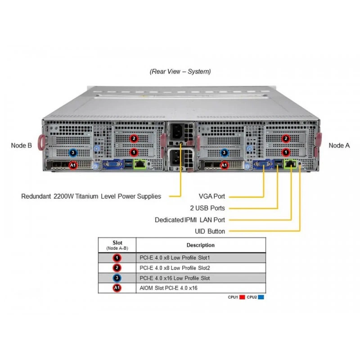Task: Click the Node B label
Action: click(x=21, y=145)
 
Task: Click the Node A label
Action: click(x=339, y=145)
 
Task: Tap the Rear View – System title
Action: click(x=180, y=72)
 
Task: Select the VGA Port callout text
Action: click(x=211, y=196)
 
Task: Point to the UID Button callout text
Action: click(x=210, y=231)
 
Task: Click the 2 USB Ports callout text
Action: click(x=207, y=208)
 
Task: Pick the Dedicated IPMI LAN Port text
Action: click(x=190, y=220)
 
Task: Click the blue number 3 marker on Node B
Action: click(x=73, y=153)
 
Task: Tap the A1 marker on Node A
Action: click(x=224, y=165)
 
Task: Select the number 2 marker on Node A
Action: click(x=286, y=139)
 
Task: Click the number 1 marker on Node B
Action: click(x=134, y=152)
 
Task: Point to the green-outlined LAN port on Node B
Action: click(x=139, y=164)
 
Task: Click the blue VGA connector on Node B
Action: click(x=112, y=164)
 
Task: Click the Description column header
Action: click(x=200, y=245)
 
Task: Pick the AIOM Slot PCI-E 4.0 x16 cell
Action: click(x=168, y=288)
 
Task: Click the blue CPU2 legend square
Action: click(x=261, y=297)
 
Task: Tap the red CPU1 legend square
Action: click(x=242, y=297)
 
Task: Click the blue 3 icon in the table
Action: click(x=117, y=278)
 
